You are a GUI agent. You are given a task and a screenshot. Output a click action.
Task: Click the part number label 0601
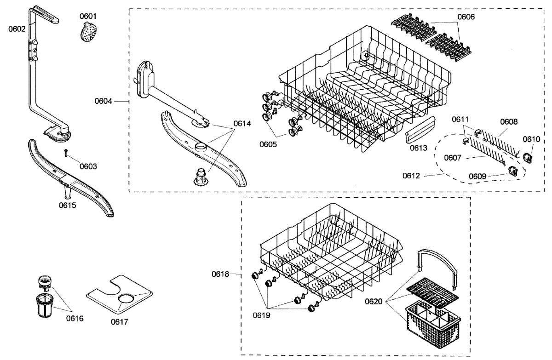(x=88, y=16)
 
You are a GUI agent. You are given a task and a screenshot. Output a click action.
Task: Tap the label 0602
(x=17, y=29)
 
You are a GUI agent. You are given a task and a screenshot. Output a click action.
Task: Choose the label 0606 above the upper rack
(x=466, y=17)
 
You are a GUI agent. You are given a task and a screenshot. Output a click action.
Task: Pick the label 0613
(x=418, y=148)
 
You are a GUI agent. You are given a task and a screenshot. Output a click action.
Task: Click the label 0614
(x=242, y=123)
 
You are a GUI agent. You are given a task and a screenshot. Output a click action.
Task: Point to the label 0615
(x=68, y=205)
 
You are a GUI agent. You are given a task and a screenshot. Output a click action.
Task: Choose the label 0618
(x=220, y=274)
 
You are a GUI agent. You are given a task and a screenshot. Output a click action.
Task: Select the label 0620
(x=374, y=302)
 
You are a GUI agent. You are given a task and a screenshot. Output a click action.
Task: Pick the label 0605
(x=268, y=144)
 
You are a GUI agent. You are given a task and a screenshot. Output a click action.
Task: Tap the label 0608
(x=509, y=122)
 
